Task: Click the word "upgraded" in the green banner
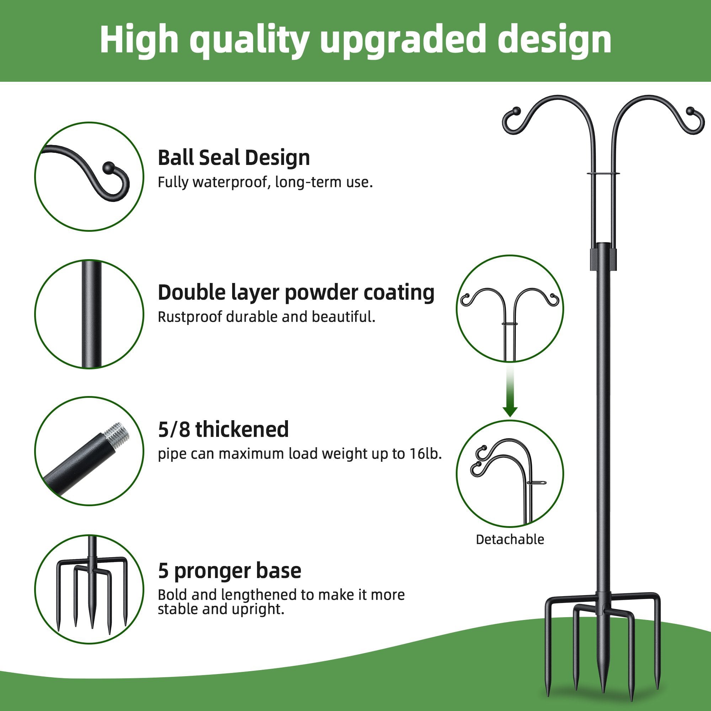(x=401, y=41)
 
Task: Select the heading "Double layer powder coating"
(x=296, y=293)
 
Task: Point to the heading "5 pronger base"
(x=229, y=571)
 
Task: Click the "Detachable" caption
(x=510, y=540)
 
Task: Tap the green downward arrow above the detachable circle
(x=510, y=411)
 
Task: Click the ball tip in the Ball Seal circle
(x=108, y=168)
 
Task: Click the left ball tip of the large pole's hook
(x=516, y=111)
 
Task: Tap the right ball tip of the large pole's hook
(x=690, y=111)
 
